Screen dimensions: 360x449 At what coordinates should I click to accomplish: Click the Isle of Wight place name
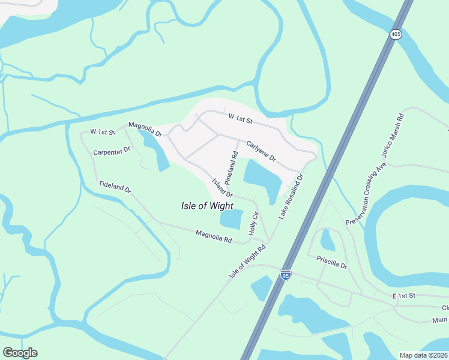(207, 206)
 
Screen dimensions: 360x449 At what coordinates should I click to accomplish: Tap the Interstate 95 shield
(286, 275)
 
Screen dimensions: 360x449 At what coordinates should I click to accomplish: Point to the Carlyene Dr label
(261, 151)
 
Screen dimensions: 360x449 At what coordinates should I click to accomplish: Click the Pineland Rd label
(231, 167)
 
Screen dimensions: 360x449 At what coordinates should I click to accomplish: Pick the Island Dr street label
(221, 187)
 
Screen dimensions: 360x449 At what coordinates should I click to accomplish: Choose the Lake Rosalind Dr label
(291, 196)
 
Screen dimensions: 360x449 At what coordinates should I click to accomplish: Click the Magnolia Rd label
(214, 236)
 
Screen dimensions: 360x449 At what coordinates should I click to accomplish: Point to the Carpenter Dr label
(112, 151)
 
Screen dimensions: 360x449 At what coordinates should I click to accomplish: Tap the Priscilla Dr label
(331, 262)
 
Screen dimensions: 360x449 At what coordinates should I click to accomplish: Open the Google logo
(20, 353)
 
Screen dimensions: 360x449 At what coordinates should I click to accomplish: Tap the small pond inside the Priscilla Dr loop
(328, 240)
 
